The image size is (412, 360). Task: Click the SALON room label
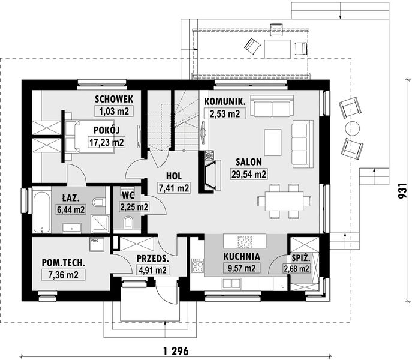point(248,162)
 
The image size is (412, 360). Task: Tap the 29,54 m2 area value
point(249,174)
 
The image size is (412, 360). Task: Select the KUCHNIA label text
point(242,256)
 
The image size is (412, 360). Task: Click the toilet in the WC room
point(128,221)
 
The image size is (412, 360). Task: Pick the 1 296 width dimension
point(176,351)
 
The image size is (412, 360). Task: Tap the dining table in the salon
point(284,201)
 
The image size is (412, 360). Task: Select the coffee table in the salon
point(273,142)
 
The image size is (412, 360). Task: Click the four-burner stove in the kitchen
point(197,266)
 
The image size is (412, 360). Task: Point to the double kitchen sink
point(231,283)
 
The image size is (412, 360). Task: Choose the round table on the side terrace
point(352,128)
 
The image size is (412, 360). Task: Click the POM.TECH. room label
point(64,262)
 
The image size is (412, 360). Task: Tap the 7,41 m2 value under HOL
point(174,188)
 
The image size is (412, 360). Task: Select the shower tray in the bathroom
point(100,224)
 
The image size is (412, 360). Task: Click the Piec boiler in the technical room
point(97,245)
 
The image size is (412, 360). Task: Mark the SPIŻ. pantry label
point(301,258)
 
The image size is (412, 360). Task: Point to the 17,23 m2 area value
point(106,142)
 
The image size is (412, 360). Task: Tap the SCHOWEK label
point(114,99)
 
